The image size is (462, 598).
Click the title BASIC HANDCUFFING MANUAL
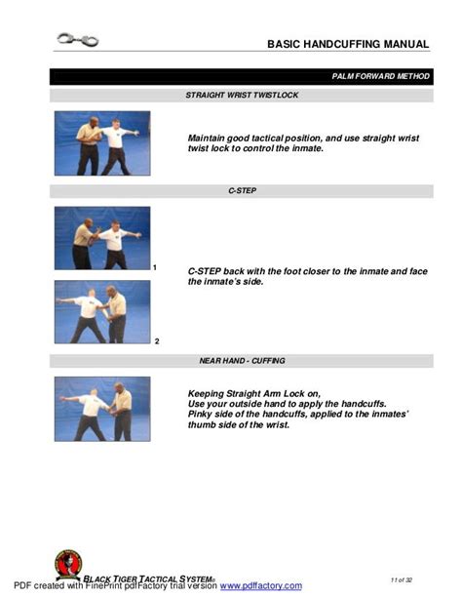tap(348, 44)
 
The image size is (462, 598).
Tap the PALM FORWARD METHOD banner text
tap(381, 76)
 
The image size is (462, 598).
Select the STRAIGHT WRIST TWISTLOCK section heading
tap(242, 96)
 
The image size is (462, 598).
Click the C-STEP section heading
tap(242, 191)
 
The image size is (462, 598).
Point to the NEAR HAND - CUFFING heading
tap(242, 361)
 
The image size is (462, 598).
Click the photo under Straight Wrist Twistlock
tap(102, 142)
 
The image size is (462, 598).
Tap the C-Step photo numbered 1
tap(102, 238)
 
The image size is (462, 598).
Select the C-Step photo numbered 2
tap(102, 312)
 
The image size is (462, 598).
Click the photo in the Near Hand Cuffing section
tap(102, 409)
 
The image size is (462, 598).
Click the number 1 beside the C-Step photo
tap(155, 267)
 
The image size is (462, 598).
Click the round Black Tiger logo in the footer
tap(68, 565)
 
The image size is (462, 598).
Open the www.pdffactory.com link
tap(260, 586)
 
